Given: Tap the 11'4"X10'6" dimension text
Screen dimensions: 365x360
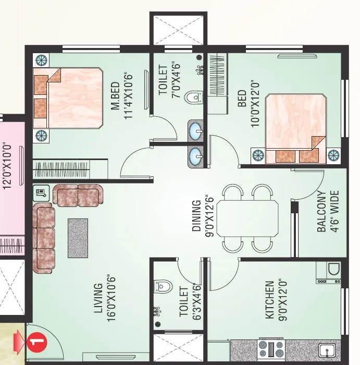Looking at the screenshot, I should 129,95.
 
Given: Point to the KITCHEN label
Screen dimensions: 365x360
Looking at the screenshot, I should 269,300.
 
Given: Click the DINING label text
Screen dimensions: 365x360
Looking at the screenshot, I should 196,216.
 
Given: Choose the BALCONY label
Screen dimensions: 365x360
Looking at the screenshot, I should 322,211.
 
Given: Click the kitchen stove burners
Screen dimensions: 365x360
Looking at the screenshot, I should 271,347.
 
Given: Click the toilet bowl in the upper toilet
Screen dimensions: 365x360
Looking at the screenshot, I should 195,97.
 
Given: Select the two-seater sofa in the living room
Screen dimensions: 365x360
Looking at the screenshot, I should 78,195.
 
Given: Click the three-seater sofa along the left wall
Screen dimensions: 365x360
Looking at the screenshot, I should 44,238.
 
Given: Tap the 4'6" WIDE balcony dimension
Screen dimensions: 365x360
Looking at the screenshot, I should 335,211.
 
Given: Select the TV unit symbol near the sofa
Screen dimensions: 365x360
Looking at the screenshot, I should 41,192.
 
